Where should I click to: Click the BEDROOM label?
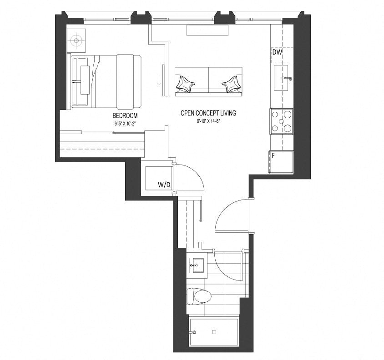[125, 115]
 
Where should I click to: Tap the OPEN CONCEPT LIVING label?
[208, 113]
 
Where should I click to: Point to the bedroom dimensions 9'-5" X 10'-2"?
[125, 124]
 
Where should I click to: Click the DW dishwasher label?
[277, 52]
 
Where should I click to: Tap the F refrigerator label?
[273, 155]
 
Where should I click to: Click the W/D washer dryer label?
[164, 185]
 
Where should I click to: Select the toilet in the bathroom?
[199, 296]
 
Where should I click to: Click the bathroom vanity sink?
[197, 265]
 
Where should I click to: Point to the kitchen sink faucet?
[287, 78]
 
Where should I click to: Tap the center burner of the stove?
[281, 121]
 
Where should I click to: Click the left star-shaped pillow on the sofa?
[185, 84]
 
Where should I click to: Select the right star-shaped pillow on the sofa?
[232, 84]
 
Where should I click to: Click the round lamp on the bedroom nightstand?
[76, 40]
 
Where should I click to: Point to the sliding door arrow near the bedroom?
[159, 80]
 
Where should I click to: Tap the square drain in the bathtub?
[214, 332]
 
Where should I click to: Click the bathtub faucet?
[193, 332]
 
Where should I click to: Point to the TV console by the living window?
[207, 30]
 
